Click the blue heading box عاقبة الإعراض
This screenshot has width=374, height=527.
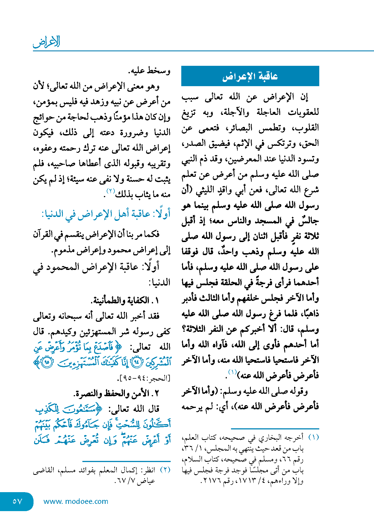point(250,76)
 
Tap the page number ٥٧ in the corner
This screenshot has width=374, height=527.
point(17,501)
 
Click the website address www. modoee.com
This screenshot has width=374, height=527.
point(76,501)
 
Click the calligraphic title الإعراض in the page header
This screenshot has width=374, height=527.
point(46,42)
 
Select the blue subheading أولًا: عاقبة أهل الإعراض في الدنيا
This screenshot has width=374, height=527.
point(106,214)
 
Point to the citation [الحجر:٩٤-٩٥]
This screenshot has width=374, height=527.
point(144,378)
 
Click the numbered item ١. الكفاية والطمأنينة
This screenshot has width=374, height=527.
point(125,300)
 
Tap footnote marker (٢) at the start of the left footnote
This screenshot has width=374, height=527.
point(165,470)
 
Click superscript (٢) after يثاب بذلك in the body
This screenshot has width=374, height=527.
point(111,191)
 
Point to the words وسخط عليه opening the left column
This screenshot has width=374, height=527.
point(149,71)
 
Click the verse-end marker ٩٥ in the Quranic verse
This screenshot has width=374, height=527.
point(47,362)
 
